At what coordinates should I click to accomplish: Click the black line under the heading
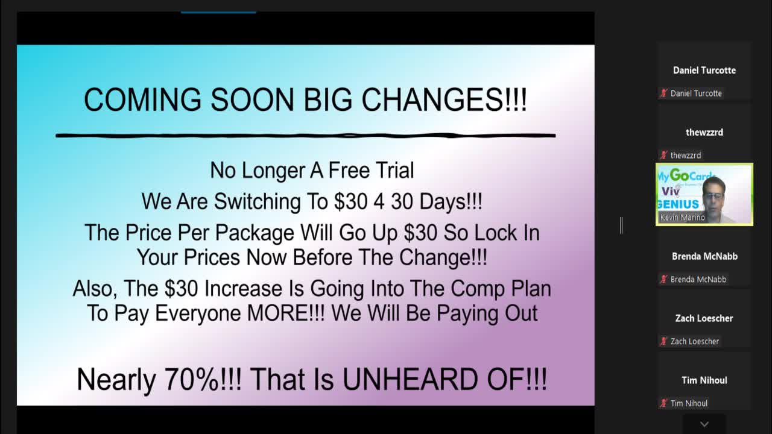[305, 135]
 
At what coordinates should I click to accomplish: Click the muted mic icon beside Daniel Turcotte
[664, 93]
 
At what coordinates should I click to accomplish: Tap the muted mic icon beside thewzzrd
[664, 156]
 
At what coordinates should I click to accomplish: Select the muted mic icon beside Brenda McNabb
[664, 280]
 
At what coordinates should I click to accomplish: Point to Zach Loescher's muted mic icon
[664, 342]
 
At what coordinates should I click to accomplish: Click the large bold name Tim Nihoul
[704, 380]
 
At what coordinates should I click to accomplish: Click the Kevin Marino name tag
[683, 218]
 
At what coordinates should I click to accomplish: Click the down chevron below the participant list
[704, 424]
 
